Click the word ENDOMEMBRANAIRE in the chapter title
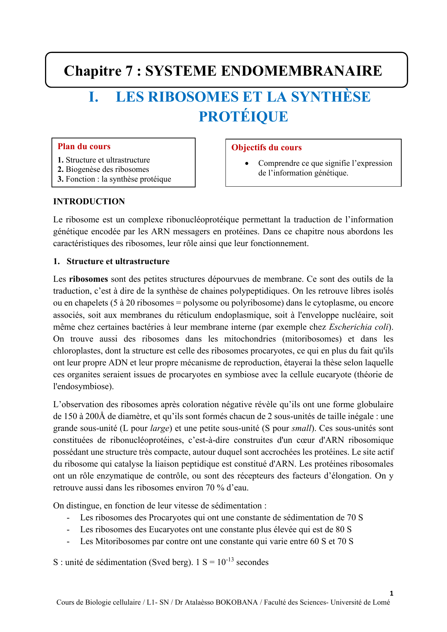301,71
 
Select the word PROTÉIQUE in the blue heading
243,117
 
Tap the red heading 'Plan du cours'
84,147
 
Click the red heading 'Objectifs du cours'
267,148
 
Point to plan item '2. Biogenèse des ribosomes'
103,169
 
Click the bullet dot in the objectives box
246,164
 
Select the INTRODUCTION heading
89,201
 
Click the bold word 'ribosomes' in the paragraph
89,279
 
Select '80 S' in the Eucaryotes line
344,530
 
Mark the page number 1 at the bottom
392,593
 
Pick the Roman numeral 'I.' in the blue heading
94,97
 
